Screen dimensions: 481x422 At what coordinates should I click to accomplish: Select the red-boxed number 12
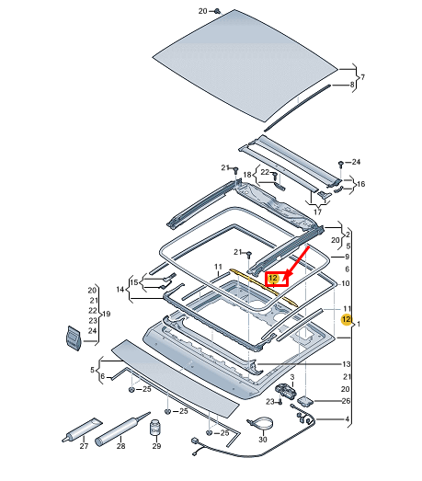[x=273, y=278]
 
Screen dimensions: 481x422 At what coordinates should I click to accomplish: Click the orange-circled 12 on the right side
[x=346, y=319]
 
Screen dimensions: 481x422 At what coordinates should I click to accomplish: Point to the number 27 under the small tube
[x=84, y=446]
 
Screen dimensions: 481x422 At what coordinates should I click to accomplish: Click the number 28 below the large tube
[x=121, y=446]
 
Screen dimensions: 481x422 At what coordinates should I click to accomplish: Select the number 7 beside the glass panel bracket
[x=362, y=76]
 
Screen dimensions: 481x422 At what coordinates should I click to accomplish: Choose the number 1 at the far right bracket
[x=359, y=325]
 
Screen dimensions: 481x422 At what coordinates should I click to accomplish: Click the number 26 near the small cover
[x=345, y=400]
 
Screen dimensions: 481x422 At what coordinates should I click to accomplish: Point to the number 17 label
[x=317, y=212]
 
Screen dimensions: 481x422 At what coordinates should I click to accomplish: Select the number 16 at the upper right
[x=360, y=184]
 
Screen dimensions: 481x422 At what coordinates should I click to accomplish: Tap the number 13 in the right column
[x=346, y=364]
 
